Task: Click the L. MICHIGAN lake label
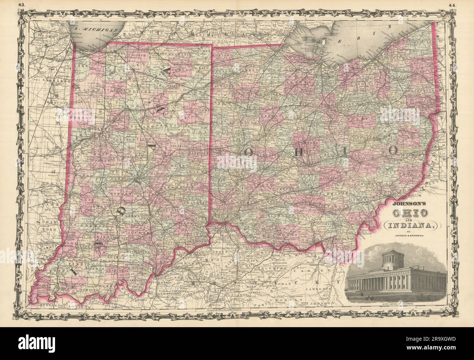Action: (x=96, y=27)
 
